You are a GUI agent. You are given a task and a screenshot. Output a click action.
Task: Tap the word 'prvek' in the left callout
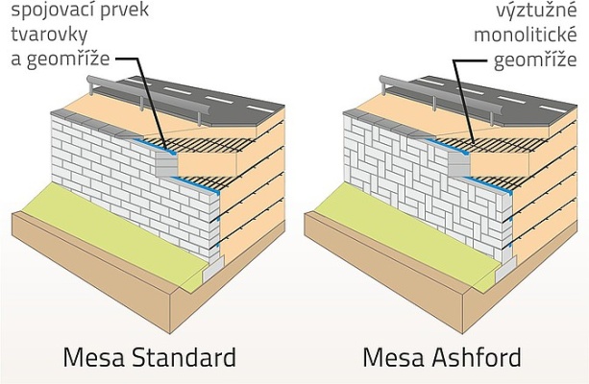(110, 12)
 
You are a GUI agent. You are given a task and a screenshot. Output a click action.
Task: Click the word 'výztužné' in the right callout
(523, 12)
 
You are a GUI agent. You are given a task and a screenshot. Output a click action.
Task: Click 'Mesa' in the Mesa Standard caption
(88, 359)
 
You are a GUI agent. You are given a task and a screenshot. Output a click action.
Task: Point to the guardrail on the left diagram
(144, 95)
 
